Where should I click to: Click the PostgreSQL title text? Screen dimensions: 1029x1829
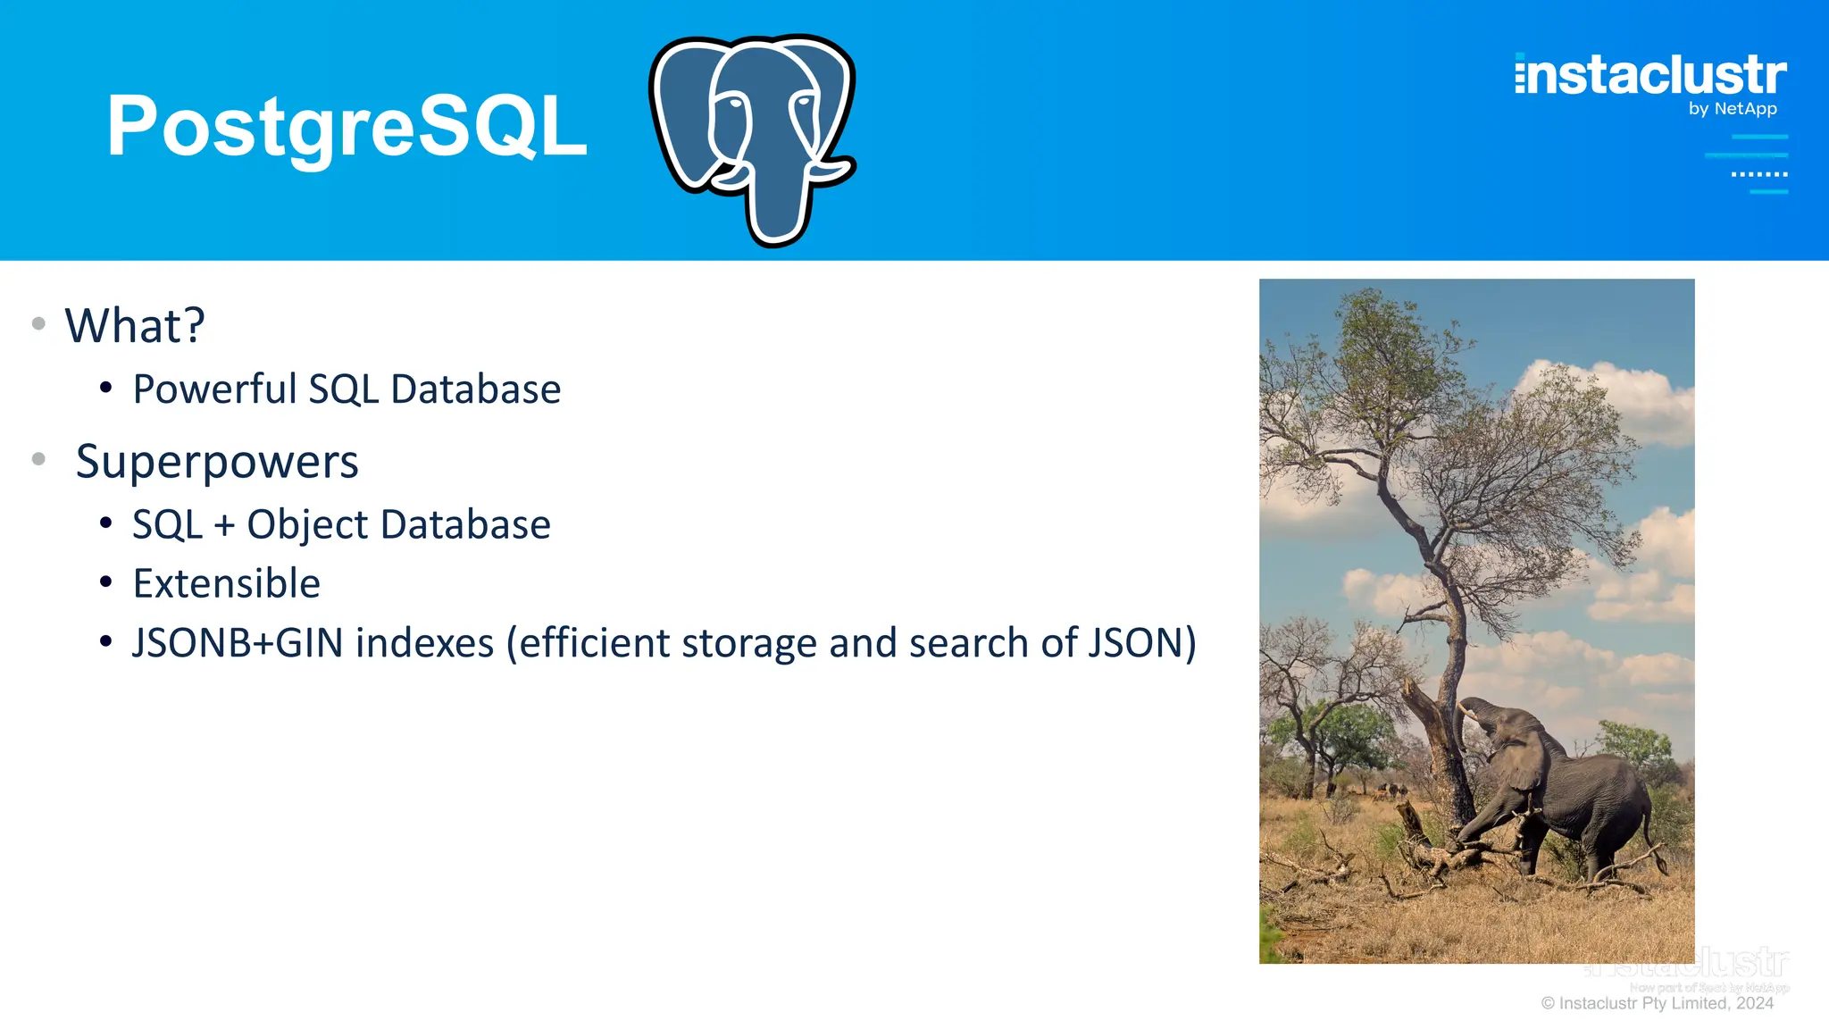(347, 127)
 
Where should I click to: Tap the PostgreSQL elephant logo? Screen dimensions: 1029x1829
(753, 138)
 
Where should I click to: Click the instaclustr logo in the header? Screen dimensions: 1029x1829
(1650, 75)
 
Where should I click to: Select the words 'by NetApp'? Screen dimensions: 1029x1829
(1733, 109)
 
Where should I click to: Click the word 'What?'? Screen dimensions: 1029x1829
(135, 325)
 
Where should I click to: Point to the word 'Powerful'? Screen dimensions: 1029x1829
(214, 389)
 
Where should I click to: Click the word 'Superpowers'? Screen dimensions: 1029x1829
(217, 463)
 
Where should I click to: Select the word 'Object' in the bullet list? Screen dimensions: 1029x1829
(307, 525)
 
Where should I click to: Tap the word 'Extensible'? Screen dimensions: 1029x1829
(227, 584)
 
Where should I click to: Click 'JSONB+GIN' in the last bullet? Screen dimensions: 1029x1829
(238, 643)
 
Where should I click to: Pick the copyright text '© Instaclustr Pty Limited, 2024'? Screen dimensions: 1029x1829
(1657, 1003)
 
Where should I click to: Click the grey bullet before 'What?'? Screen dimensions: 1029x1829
(38, 324)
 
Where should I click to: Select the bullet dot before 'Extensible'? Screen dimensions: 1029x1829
(106, 583)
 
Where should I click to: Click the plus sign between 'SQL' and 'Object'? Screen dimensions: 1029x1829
(224, 525)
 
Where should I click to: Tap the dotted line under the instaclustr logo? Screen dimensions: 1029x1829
(1759, 174)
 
